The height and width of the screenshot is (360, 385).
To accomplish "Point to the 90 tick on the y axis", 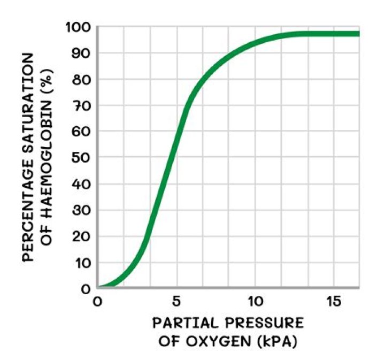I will pos(80,53).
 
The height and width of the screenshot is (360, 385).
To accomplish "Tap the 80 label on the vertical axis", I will pos(80,79).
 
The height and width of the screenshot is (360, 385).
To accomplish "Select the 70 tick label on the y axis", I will pos(80,105).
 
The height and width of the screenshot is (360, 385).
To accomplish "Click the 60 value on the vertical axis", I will pos(80,132).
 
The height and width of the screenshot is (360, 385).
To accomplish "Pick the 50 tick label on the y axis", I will pos(80,158).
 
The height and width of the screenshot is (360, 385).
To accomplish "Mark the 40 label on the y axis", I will pos(80,184).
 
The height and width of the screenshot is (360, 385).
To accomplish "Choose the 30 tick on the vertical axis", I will pos(80,210).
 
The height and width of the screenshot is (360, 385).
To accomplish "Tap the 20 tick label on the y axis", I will pos(80,236).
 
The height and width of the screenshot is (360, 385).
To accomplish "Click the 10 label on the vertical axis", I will pos(80,263).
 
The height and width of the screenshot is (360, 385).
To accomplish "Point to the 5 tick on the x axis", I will pos(176,301).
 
